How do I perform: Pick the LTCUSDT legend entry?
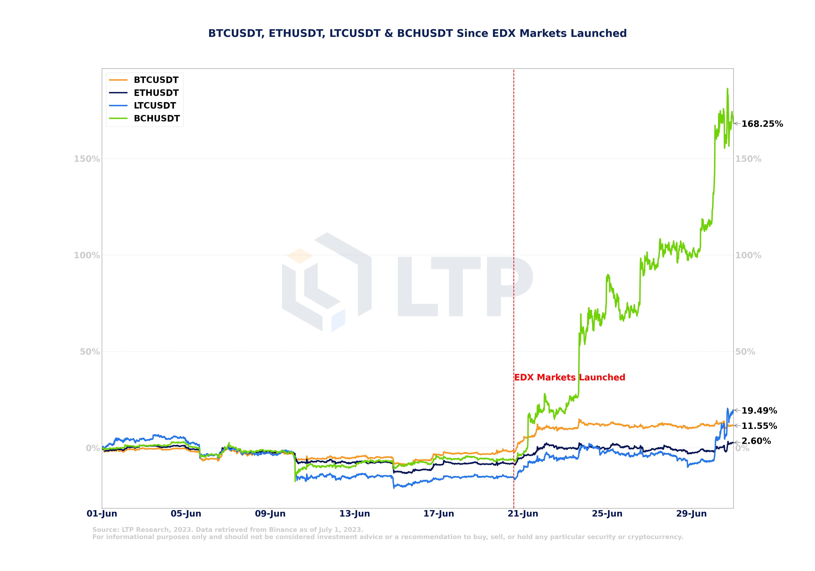[x=155, y=106]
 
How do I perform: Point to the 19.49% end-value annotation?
[x=759, y=411]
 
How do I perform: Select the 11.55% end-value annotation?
[x=759, y=426]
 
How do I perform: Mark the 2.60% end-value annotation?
[x=756, y=441]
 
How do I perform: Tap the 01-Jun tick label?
[x=102, y=514]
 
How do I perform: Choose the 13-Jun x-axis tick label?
[x=355, y=514]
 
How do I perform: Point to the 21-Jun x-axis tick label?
[x=523, y=514]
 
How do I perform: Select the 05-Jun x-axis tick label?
[x=186, y=514]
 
